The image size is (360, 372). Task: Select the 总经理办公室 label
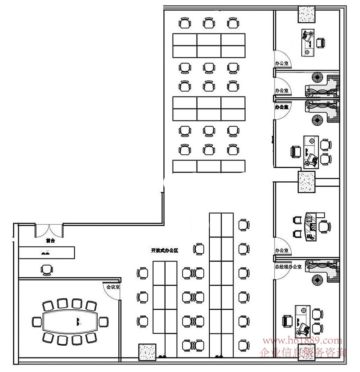288,266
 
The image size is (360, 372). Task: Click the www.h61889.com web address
301,340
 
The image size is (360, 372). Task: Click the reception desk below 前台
46,252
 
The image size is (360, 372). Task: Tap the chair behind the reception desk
46,269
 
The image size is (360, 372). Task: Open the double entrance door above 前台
49,230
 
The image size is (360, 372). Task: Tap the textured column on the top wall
307,14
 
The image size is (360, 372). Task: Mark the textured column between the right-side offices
306,181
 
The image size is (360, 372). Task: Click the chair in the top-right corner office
321,43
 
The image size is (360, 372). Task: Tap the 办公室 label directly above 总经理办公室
282,251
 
